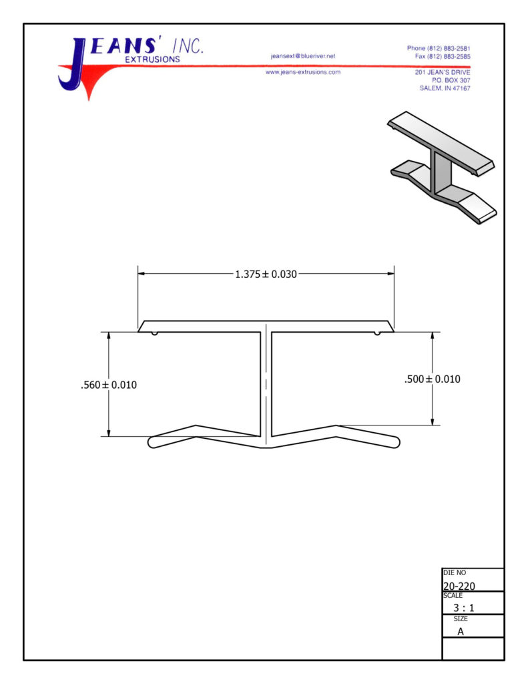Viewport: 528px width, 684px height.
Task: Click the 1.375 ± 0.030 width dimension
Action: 266,275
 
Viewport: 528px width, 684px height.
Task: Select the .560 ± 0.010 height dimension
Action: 109,385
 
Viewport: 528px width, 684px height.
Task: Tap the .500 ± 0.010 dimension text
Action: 432,379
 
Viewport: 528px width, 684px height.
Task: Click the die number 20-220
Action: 459,586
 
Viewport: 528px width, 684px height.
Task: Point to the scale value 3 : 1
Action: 463,608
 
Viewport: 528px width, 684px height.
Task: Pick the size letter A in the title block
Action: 461,631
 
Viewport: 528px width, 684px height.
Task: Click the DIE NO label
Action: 455,572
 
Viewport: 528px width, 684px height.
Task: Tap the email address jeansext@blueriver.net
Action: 303,56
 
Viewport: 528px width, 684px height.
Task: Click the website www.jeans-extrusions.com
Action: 303,72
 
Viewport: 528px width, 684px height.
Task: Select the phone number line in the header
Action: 439,48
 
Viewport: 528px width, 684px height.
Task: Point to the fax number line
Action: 443,56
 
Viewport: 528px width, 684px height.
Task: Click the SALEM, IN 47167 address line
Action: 445,88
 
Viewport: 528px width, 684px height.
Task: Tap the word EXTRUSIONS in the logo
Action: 153,59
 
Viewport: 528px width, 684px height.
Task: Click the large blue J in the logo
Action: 74,65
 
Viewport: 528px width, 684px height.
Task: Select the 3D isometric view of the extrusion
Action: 442,168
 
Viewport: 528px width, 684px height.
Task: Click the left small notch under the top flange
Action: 154,334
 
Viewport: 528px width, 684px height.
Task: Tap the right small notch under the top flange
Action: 377,334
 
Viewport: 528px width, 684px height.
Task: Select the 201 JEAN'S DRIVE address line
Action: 443,72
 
